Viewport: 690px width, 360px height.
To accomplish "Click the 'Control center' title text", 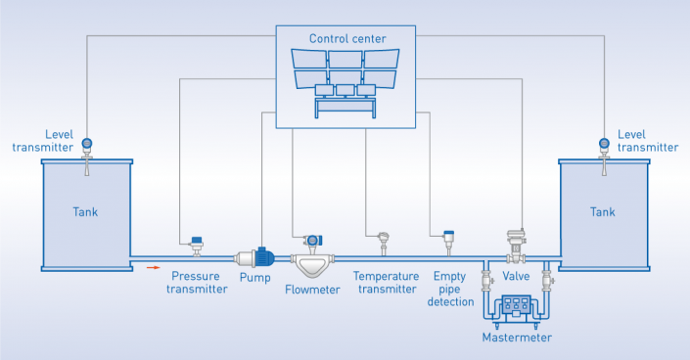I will tap(347, 39).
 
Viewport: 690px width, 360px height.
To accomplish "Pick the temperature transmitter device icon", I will tap(383, 244).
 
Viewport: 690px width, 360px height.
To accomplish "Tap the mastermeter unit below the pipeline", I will tap(516, 308).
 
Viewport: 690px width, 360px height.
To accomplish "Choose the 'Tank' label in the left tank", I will tap(85, 211).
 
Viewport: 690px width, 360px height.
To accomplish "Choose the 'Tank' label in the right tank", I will tap(603, 211).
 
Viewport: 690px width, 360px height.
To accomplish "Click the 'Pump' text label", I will tap(255, 277).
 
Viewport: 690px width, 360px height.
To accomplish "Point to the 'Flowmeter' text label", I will tap(312, 290).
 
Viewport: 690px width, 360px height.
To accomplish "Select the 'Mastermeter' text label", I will tap(517, 337).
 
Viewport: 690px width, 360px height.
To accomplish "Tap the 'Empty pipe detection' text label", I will tap(450, 290).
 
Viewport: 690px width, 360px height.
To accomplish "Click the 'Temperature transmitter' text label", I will tap(386, 283).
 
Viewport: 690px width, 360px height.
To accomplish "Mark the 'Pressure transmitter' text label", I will tap(197, 283).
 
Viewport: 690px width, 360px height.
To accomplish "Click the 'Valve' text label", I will tap(516, 277).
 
